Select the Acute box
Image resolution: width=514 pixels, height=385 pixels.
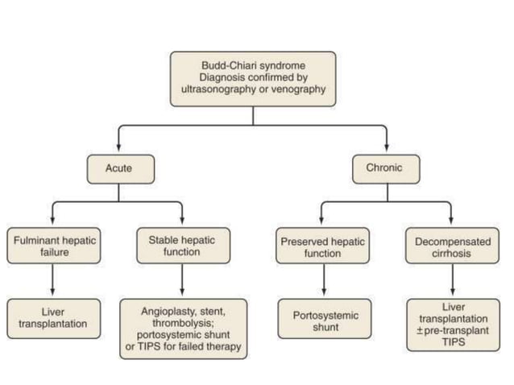(x=118, y=169)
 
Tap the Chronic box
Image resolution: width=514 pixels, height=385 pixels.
(x=386, y=169)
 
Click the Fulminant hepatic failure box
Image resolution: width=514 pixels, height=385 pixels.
(x=53, y=246)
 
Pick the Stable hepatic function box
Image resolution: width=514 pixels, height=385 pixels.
(x=182, y=246)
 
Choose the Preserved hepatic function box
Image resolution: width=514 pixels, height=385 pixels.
(x=322, y=246)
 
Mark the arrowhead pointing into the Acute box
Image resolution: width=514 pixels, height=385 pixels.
(x=118, y=151)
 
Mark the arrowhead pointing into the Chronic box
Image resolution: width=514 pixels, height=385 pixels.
(x=386, y=151)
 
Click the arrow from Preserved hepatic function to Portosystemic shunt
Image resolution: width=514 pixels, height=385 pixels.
(x=322, y=282)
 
